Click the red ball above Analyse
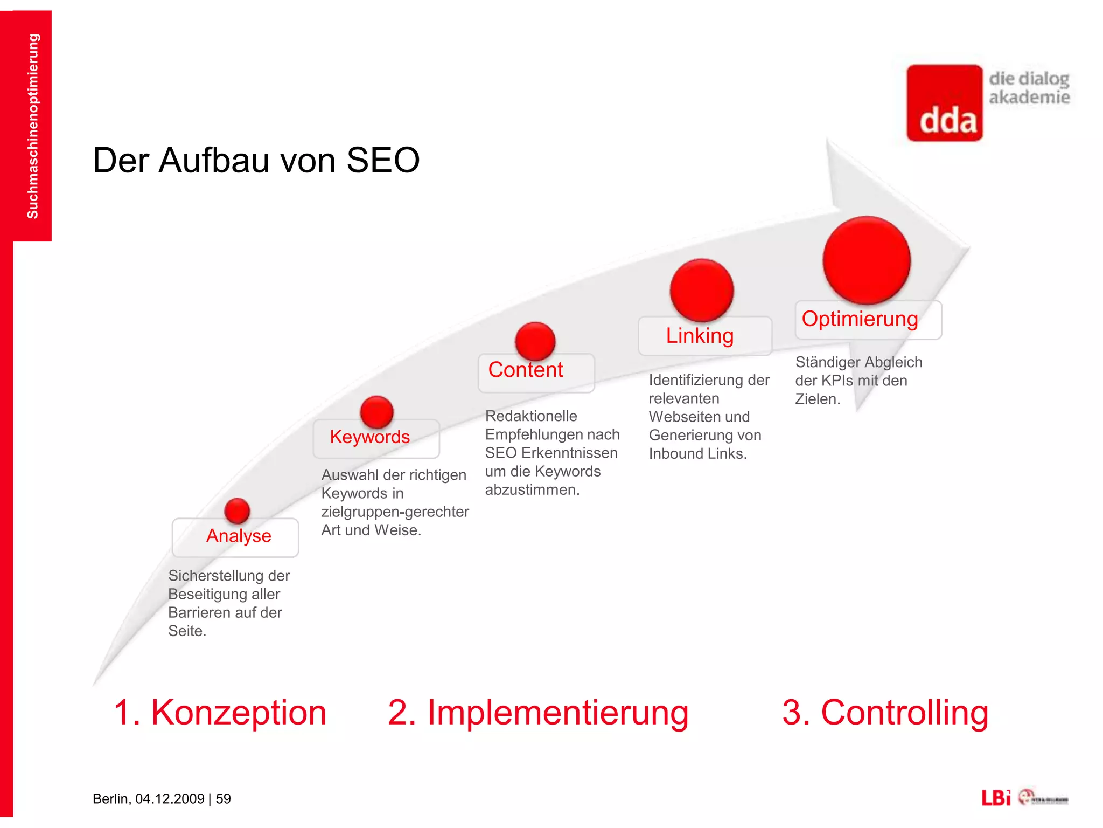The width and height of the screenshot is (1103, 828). point(237,510)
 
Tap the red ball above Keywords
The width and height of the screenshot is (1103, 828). point(376,412)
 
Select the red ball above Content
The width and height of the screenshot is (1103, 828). point(535,341)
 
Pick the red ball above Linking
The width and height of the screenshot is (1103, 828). point(701,290)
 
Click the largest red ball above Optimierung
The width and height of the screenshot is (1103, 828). point(867,260)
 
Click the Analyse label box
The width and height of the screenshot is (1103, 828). point(235,537)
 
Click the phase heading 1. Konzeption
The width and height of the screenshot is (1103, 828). point(220,713)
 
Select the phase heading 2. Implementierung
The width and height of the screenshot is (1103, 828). point(538,713)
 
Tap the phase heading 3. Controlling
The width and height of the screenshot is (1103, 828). point(885,713)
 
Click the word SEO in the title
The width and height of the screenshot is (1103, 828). point(383,161)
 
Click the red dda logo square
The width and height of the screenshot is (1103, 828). point(945,103)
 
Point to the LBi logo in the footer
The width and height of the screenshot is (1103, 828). point(996,798)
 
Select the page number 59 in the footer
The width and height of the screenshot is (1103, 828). point(223,799)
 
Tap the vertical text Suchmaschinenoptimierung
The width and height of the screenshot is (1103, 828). point(33,126)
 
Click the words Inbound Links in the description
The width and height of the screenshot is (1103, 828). point(697,454)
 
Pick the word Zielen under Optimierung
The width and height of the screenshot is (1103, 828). point(817,399)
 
